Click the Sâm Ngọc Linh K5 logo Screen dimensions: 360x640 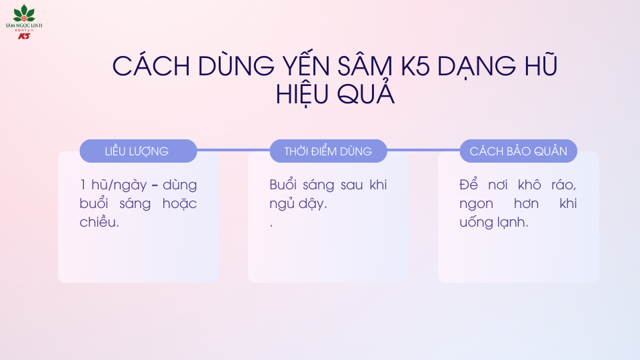click(x=24, y=21)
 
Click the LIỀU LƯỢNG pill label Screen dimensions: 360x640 click(x=137, y=151)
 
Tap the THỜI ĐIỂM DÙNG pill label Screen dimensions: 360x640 click(x=328, y=151)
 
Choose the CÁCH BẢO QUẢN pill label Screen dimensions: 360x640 click(x=518, y=151)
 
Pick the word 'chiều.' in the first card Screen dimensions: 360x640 click(x=98, y=223)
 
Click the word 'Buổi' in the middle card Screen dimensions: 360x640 click(x=283, y=185)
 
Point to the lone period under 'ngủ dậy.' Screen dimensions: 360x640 click(x=271, y=226)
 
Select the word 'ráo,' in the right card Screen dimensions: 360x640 click(x=563, y=185)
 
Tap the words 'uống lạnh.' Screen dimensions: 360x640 click(x=493, y=223)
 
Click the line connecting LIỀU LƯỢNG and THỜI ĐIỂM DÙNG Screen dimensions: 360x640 click(x=233, y=150)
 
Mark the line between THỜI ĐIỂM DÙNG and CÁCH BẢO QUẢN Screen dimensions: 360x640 click(x=423, y=150)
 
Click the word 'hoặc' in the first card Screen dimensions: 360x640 click(x=179, y=204)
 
